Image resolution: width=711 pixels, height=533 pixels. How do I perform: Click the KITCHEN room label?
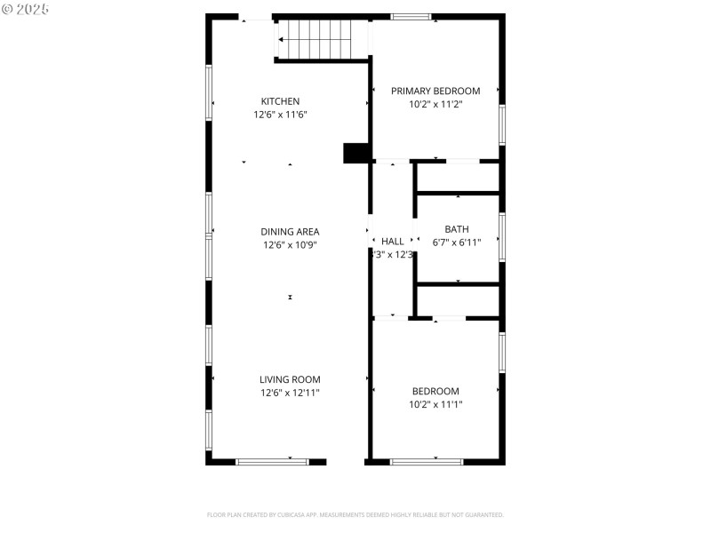pyautogui.click(x=280, y=101)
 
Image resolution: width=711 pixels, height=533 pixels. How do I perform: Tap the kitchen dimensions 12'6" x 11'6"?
pyautogui.click(x=280, y=115)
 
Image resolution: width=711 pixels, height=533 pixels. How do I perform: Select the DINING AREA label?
pyautogui.click(x=290, y=232)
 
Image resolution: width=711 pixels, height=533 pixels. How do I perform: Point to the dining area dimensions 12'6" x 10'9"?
pyautogui.click(x=290, y=245)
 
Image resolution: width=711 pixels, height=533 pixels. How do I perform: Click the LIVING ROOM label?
pyautogui.click(x=290, y=379)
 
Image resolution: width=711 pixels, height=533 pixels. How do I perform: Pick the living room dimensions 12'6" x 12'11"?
pyautogui.click(x=290, y=393)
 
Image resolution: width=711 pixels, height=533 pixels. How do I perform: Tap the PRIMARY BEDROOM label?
pyautogui.click(x=435, y=91)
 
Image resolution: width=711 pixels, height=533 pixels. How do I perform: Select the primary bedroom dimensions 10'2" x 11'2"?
pyautogui.click(x=435, y=104)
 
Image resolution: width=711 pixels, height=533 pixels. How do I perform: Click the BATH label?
pyautogui.click(x=457, y=229)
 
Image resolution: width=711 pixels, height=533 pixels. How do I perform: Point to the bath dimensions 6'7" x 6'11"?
pyautogui.click(x=457, y=242)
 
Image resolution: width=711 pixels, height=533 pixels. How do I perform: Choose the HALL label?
pyautogui.click(x=392, y=242)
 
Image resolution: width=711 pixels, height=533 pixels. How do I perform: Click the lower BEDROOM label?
pyautogui.click(x=435, y=391)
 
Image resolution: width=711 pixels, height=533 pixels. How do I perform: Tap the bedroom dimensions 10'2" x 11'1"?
pyautogui.click(x=435, y=404)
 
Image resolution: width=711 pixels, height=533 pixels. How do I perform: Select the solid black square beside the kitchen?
pyautogui.click(x=355, y=153)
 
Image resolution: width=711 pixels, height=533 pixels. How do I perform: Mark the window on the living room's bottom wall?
pyautogui.click(x=271, y=461)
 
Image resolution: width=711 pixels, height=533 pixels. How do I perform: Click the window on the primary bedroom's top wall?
pyautogui.click(x=411, y=16)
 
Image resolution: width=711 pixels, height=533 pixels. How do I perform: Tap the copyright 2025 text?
pyautogui.click(x=26, y=8)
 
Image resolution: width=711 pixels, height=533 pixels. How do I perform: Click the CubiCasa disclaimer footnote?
pyautogui.click(x=355, y=514)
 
